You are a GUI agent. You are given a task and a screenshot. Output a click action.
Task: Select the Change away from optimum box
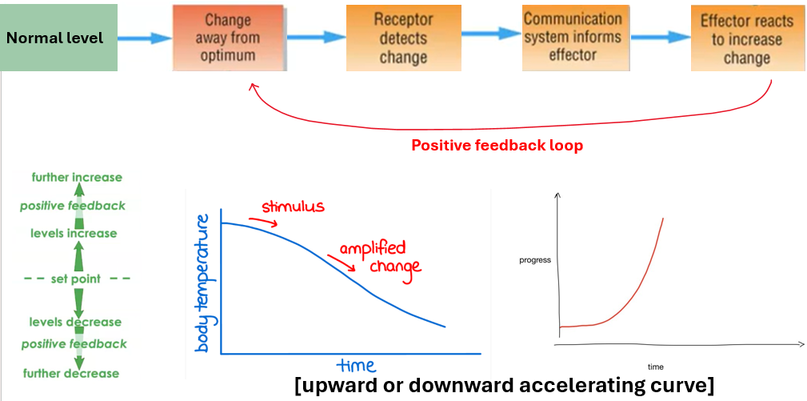click(x=228, y=38)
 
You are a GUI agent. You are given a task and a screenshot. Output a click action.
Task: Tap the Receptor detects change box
click(x=403, y=38)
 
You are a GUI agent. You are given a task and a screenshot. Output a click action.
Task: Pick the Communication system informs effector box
click(x=572, y=37)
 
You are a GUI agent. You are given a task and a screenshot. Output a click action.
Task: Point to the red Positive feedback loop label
click(x=497, y=146)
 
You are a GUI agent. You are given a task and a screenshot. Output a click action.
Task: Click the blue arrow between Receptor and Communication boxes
click(x=490, y=34)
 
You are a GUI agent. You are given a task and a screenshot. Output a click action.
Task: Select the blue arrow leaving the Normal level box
click(x=145, y=38)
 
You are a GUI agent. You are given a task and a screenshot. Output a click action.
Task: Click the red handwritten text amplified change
click(x=376, y=257)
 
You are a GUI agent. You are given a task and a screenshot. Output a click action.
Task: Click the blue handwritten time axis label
click(x=355, y=365)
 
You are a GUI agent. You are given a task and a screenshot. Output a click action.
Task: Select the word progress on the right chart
click(x=534, y=260)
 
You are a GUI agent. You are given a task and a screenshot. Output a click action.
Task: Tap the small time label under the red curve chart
click(x=656, y=366)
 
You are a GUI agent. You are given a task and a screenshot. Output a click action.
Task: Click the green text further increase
click(x=77, y=177)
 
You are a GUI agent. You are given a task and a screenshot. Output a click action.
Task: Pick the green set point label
click(x=76, y=279)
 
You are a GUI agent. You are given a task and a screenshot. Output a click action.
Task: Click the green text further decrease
click(x=70, y=373)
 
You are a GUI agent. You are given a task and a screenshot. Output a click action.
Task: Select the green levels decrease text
click(x=75, y=322)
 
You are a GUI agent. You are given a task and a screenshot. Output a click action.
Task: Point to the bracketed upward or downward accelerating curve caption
click(x=505, y=385)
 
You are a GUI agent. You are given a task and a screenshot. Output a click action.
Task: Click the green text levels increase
click(x=74, y=233)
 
